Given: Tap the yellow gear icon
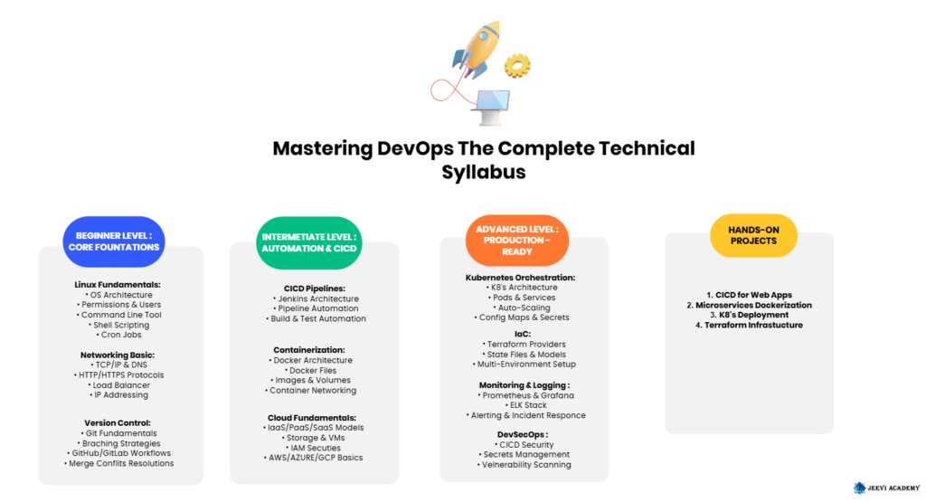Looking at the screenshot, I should click(517, 65).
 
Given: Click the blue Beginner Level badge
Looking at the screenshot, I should click(114, 242).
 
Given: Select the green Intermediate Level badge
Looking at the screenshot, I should click(309, 242).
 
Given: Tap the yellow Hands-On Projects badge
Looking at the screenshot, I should click(753, 235).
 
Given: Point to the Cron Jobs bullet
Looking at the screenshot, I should click(121, 335).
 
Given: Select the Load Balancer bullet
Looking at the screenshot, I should click(121, 384).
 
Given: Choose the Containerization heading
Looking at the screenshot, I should click(309, 349).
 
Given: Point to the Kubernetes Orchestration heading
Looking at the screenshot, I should click(520, 278).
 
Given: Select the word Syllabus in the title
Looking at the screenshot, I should click(484, 172).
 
